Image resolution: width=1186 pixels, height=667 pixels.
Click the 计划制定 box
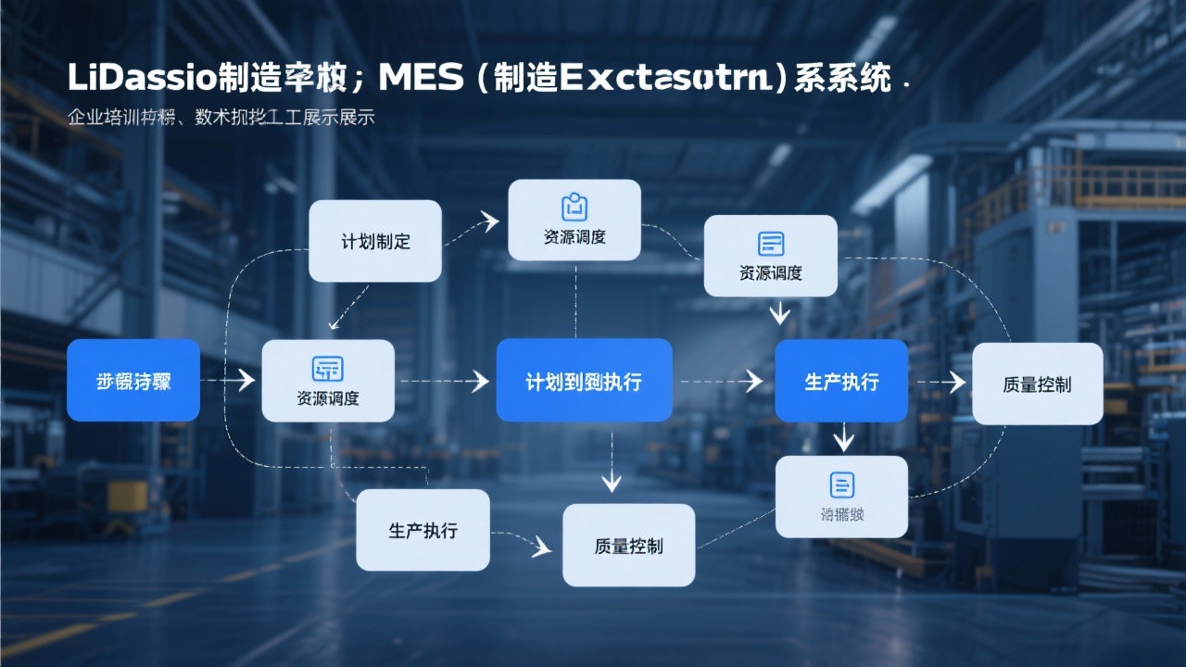tap(374, 241)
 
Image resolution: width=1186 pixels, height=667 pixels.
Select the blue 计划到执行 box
tap(584, 381)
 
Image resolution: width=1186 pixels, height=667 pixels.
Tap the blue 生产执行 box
tap(841, 381)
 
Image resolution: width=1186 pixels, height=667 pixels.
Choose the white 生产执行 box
tap(423, 530)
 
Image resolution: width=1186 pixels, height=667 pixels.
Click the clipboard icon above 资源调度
tap(574, 207)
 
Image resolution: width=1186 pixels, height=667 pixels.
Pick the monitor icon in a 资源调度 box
tap(328, 368)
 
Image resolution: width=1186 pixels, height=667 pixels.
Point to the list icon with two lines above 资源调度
tap(771, 244)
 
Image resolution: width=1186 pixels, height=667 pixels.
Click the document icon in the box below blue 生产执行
tap(841, 484)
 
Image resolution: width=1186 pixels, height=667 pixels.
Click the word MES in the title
tap(421, 78)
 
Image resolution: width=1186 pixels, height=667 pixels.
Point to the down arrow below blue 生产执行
tap(842, 437)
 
